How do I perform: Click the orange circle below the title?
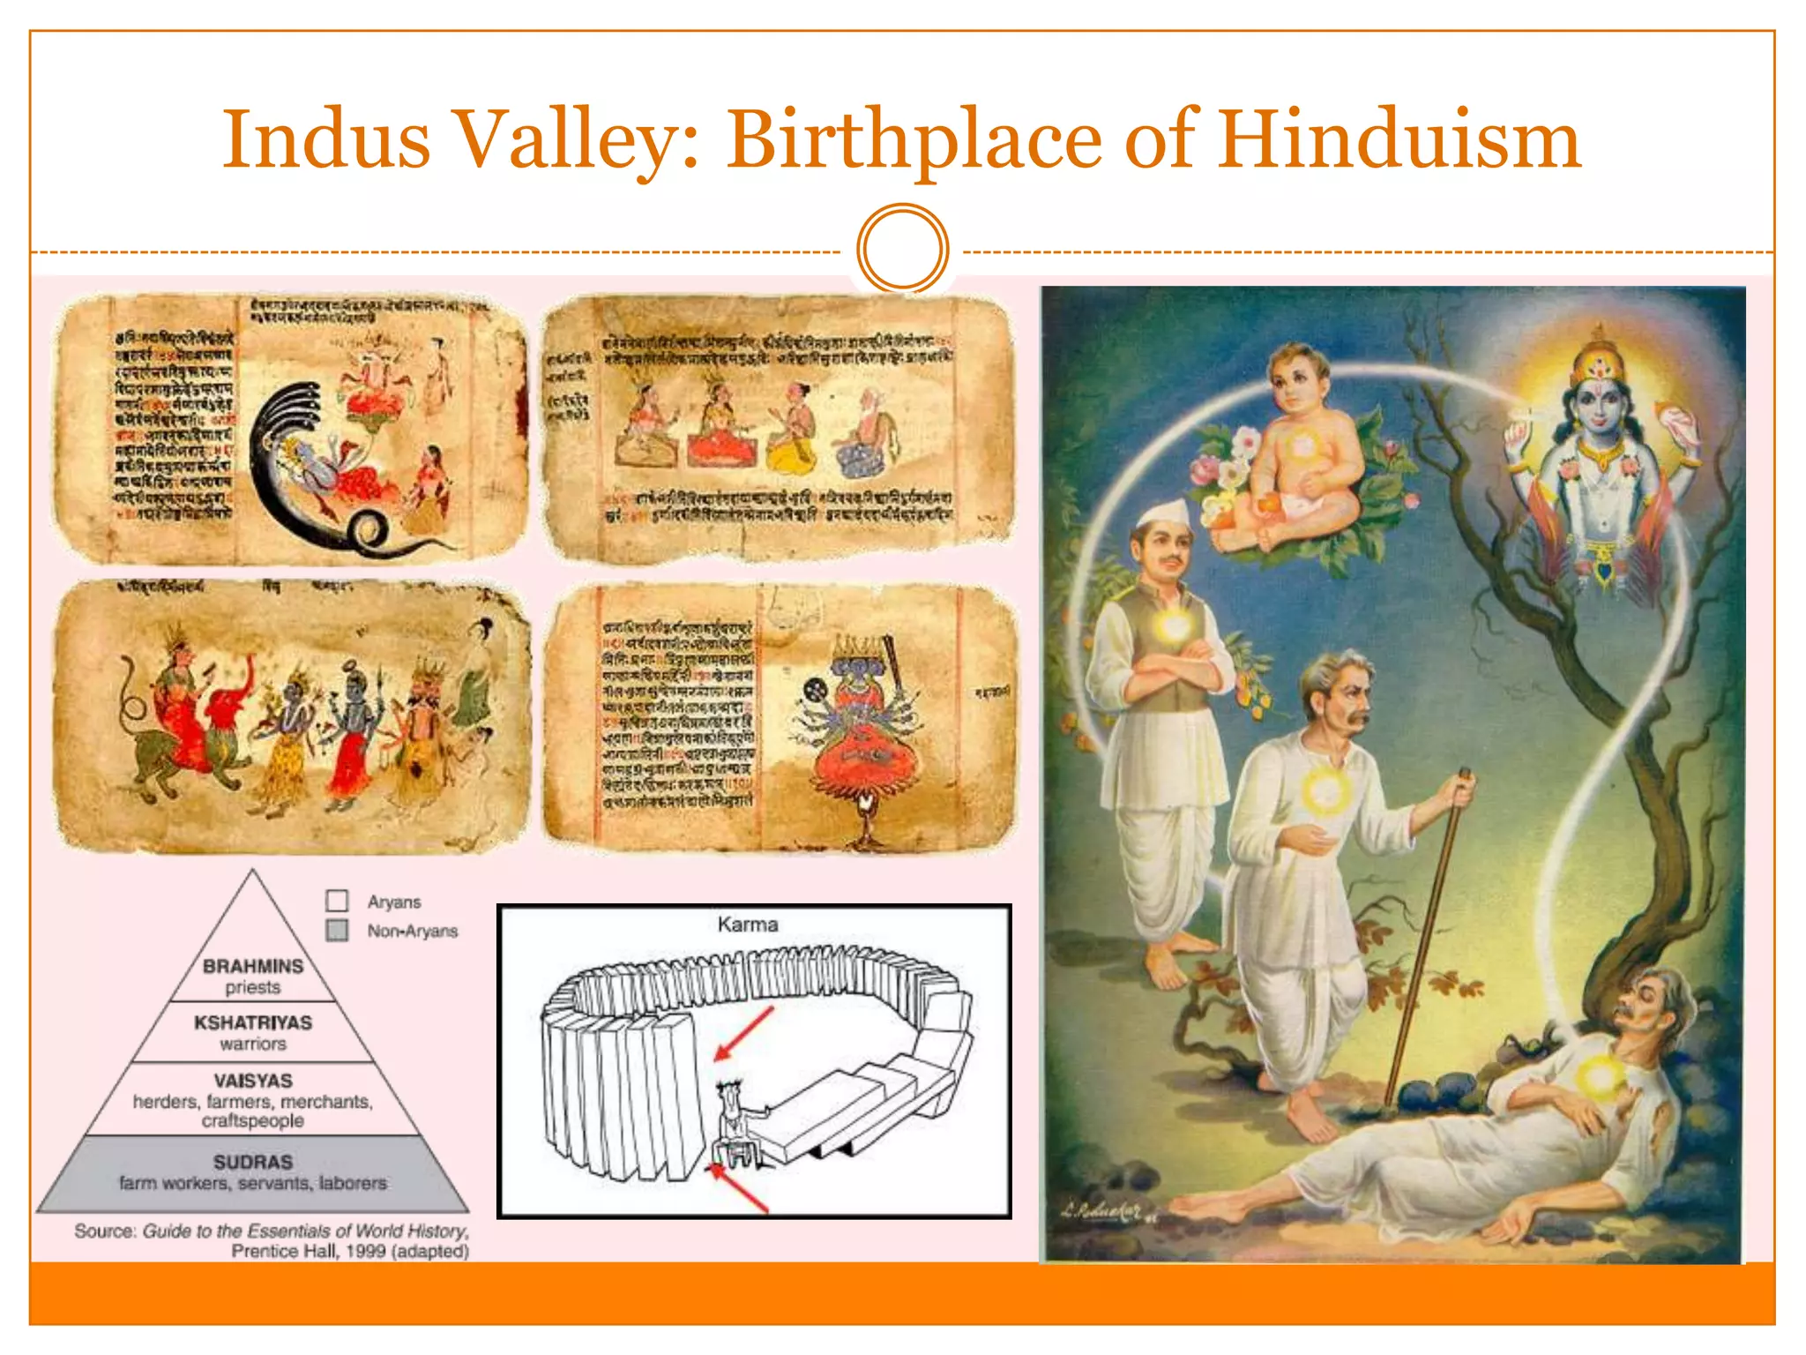902,249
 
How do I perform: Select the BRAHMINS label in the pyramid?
253,966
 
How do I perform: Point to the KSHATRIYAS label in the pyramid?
253,1022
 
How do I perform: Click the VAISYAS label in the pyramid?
253,1081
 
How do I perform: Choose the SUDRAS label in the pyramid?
253,1162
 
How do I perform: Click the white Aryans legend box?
337,901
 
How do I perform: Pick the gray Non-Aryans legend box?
337,931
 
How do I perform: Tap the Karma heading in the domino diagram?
748,925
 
